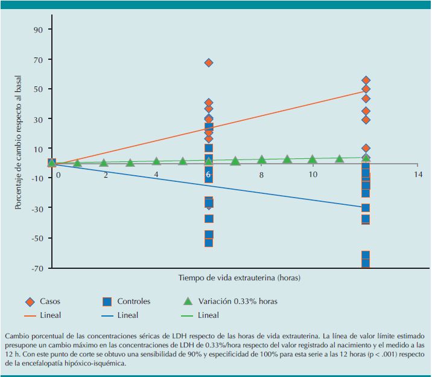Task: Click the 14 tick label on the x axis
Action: [x=418, y=174]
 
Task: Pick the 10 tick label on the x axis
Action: [x=313, y=174]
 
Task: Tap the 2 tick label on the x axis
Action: [x=105, y=174]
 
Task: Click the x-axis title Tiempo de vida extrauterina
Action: [x=239, y=278]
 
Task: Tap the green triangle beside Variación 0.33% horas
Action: [x=187, y=300]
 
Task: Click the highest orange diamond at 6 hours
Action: [x=209, y=63]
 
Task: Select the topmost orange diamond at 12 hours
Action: [x=366, y=80]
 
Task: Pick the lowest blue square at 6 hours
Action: [x=209, y=242]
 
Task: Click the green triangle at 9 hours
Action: [x=287, y=159]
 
